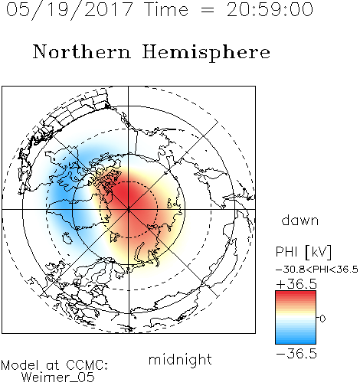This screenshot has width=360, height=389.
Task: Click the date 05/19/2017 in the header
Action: (69, 10)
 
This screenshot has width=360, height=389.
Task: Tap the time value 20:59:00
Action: (270, 9)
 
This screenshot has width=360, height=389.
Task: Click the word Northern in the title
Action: (82, 52)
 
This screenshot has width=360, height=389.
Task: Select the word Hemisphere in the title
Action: (206, 53)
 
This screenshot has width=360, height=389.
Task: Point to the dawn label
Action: (300, 220)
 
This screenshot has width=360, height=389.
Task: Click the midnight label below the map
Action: (180, 360)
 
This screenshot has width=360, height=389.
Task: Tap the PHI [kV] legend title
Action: (304, 252)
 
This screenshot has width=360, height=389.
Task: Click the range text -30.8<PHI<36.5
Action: (317, 270)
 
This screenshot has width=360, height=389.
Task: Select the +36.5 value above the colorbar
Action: (296, 284)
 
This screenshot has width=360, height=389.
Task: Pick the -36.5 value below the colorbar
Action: (296, 355)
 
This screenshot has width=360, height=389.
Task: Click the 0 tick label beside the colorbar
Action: (322, 319)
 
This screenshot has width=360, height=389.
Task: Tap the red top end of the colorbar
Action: (296, 293)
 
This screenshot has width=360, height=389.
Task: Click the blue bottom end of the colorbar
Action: (296, 342)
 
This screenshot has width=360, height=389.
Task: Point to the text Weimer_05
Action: (58, 378)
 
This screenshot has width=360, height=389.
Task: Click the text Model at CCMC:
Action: (54, 365)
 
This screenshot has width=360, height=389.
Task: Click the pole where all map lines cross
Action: (129, 209)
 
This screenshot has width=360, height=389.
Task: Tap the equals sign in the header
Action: (207, 10)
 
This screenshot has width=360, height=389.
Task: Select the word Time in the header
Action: (166, 9)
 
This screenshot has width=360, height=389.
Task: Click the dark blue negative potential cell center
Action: (62, 197)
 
